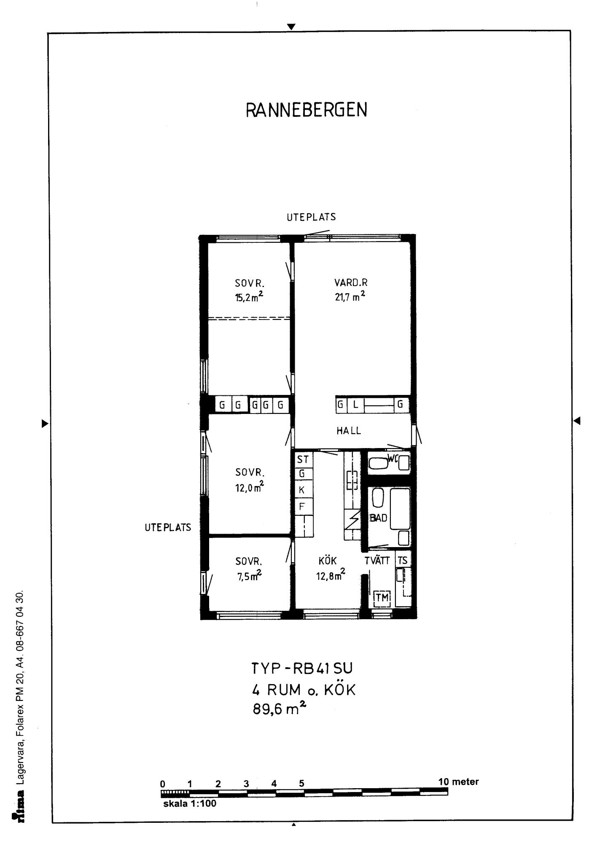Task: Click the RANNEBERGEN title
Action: point(307,110)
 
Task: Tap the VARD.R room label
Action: point(351,283)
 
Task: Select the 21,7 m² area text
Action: point(350,297)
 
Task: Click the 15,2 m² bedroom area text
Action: point(250,298)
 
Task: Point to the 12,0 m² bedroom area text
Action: point(250,487)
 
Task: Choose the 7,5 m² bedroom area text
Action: point(250,576)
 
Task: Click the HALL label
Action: point(349,431)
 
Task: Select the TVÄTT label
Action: point(377,560)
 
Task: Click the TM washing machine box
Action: point(382,597)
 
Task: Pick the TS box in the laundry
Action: point(403,560)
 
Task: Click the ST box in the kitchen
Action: point(303,459)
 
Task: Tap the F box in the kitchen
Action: point(303,507)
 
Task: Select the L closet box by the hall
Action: point(355,405)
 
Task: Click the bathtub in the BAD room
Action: point(400,509)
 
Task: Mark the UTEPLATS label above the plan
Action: point(311,217)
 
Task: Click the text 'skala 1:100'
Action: point(190,803)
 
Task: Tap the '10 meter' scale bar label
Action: point(458,782)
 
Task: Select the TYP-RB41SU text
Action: point(302,668)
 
